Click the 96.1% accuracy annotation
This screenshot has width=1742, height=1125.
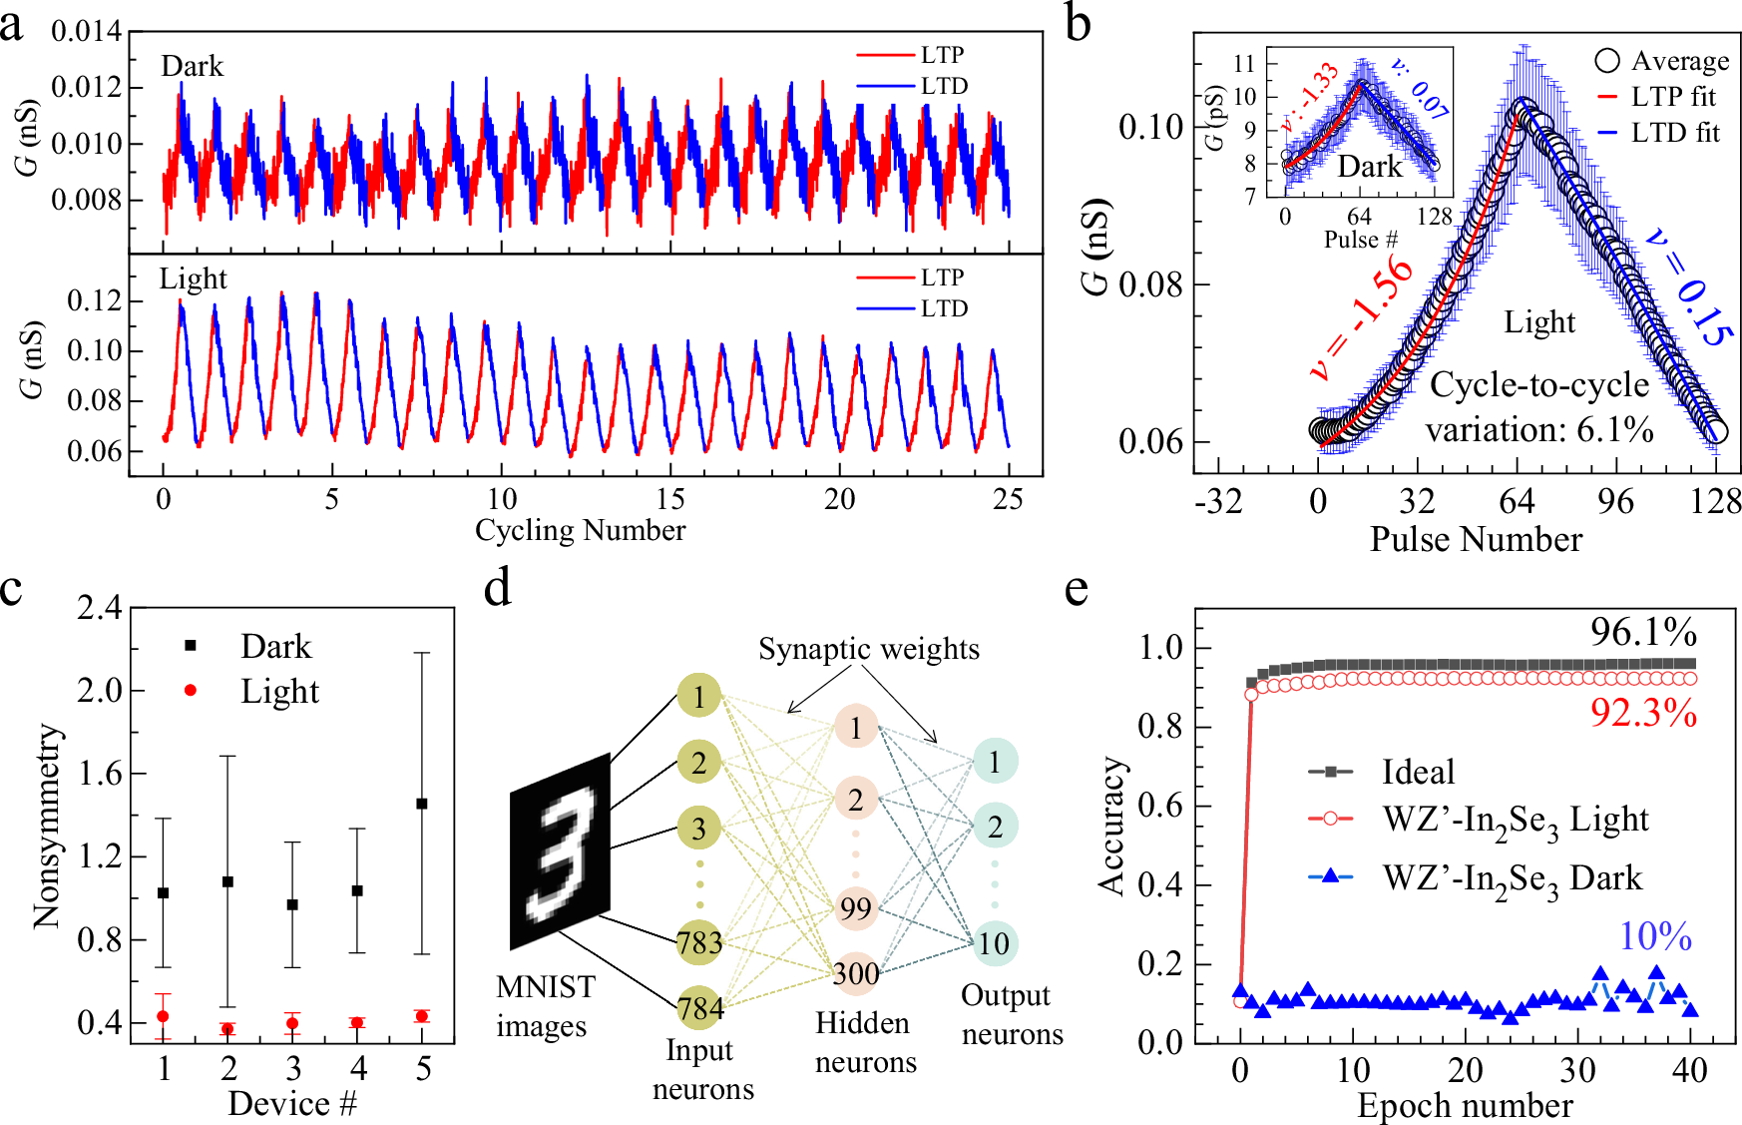tap(1643, 632)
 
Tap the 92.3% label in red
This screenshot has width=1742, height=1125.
tap(1643, 713)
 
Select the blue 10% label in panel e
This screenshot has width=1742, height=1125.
tap(1655, 936)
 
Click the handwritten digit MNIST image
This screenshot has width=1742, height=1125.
tap(560, 851)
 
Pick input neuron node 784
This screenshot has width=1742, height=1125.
tap(699, 1008)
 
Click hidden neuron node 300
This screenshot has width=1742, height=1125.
tap(856, 973)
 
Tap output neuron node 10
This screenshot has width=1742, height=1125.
tap(994, 943)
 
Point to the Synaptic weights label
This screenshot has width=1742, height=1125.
tap(868, 649)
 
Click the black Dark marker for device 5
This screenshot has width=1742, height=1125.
tap(422, 804)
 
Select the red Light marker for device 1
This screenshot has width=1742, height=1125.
tap(164, 1016)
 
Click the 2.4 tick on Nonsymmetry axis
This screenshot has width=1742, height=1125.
tap(99, 608)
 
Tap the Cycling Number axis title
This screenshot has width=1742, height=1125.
tap(580, 530)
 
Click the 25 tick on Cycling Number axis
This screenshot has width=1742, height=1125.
tap(1008, 499)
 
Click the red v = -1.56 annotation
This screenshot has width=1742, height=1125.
tap(1362, 317)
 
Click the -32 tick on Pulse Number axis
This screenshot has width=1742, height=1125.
tap(1218, 501)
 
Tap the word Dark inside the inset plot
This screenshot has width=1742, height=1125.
tap(1369, 167)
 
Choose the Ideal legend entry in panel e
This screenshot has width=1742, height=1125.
tap(1417, 772)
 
